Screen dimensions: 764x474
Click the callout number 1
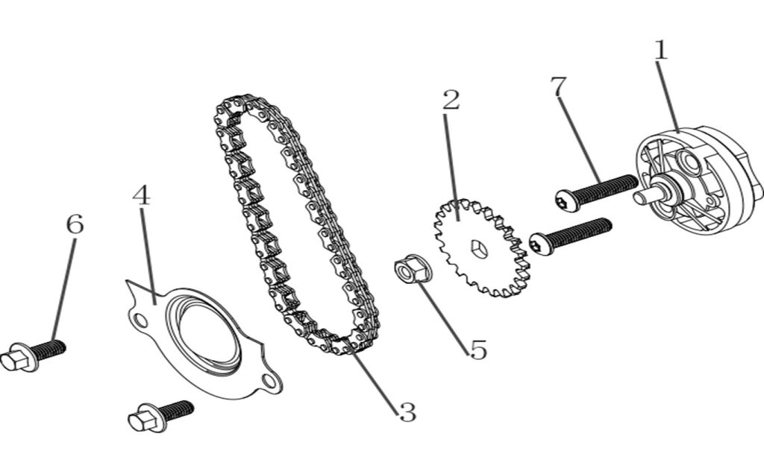point(660,50)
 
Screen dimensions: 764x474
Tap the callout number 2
point(451,100)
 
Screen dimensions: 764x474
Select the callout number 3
point(407,412)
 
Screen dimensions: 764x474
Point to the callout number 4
point(141,195)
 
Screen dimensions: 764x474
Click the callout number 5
point(478,350)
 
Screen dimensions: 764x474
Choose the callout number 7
point(559,86)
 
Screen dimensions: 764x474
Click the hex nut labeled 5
point(412,268)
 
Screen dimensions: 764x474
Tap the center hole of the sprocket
point(478,248)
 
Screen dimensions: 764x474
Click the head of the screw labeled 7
point(568,200)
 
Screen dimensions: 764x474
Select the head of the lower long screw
point(542,244)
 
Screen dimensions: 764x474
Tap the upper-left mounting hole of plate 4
point(141,320)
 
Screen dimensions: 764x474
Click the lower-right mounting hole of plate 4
point(267,381)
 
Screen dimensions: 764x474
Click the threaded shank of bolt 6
point(50,349)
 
